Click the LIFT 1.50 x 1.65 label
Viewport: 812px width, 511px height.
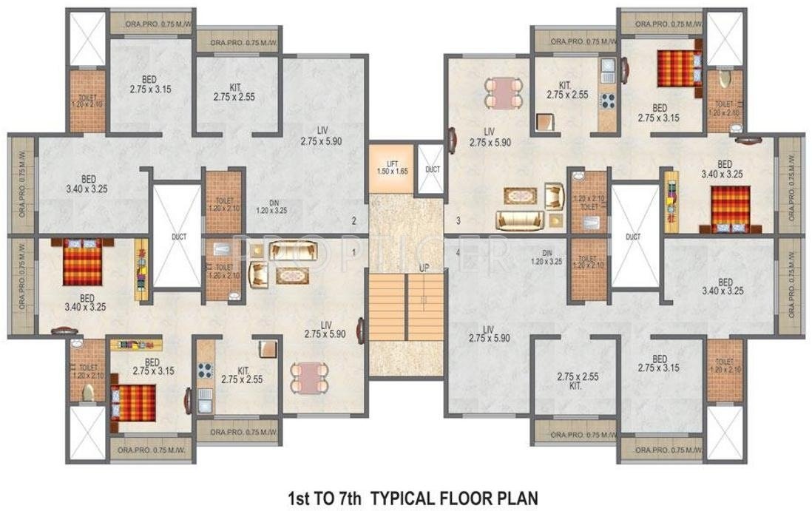point(392,166)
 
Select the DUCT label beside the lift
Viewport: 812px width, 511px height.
point(433,169)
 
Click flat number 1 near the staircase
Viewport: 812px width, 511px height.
point(355,253)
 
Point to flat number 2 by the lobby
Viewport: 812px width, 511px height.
point(354,220)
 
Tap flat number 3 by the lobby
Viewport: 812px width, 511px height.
point(459,220)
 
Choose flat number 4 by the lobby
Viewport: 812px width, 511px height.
point(459,253)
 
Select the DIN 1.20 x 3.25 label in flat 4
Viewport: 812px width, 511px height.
point(548,257)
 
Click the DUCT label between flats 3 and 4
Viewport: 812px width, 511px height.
point(633,237)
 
